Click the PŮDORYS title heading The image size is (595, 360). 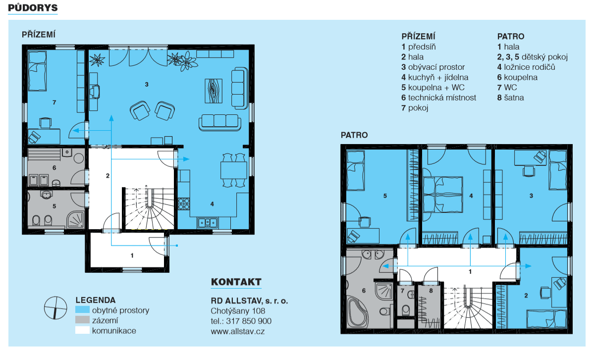point(33,8)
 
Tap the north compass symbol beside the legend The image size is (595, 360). point(55,308)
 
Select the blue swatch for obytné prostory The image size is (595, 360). point(82,310)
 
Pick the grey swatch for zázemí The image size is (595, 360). point(82,320)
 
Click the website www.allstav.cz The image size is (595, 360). point(238,331)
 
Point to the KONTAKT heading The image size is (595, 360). point(236,282)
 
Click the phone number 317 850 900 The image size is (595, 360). point(249,321)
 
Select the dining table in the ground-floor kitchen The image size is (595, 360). point(234,170)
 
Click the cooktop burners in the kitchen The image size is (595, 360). point(184,204)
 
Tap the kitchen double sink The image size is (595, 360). point(208,223)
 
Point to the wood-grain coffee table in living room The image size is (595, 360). point(214,91)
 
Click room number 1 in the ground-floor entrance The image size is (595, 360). point(132,256)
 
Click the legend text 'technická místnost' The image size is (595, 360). point(442,98)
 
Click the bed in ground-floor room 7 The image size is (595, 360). point(38,71)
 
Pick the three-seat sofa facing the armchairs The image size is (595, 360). point(220,122)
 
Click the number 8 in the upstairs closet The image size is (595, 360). point(431,291)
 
